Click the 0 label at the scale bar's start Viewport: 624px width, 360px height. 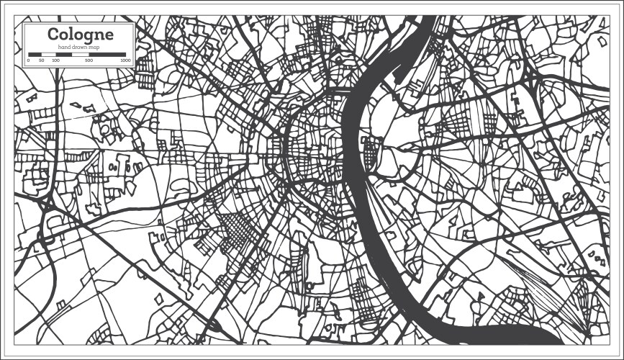coord(28,61)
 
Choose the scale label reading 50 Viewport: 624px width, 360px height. coord(42,61)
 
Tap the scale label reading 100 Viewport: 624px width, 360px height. coord(56,61)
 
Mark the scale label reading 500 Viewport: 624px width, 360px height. coord(89,61)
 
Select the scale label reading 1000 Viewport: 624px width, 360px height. coord(125,61)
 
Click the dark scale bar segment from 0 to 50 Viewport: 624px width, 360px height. coord(35,55)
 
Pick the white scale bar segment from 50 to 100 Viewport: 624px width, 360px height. coord(48,55)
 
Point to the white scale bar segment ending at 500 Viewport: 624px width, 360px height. coord(80,55)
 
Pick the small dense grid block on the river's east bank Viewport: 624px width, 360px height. coord(372,152)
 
